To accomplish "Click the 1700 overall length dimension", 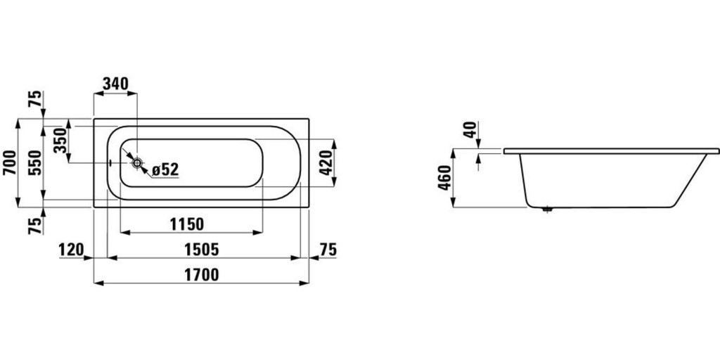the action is coord(202,275).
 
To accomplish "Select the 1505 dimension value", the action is coord(202,250).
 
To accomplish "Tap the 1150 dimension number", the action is coord(187,224).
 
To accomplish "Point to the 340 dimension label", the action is coord(115,84).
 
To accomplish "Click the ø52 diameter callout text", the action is coord(165,169).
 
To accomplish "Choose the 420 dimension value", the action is coord(326,162).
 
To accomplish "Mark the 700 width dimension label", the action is coord(10,162).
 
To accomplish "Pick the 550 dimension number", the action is coord(35,162).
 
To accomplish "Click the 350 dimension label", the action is coord(60,141).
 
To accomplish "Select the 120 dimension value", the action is coord(71,250).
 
